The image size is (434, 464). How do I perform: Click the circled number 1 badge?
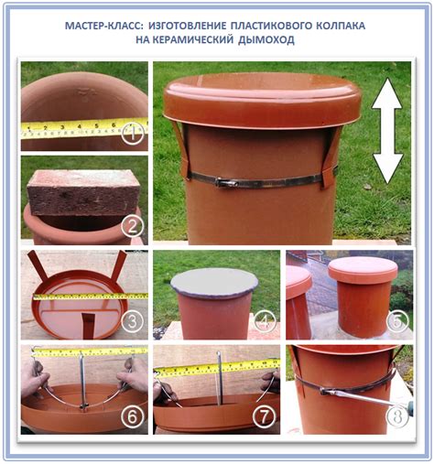tap(133, 134)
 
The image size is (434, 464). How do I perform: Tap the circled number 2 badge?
tap(132, 226)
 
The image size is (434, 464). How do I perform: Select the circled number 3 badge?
tap(132, 321)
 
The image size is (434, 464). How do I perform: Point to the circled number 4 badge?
tap(265, 321)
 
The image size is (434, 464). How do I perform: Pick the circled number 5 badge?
tap(397, 321)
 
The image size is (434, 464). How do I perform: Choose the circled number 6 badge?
tap(132, 415)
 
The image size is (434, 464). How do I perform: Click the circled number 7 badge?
tap(265, 415)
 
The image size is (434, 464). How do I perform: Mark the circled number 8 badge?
tap(397, 415)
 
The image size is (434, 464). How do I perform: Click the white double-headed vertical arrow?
tap(387, 131)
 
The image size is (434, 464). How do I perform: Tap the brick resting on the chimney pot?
tap(83, 192)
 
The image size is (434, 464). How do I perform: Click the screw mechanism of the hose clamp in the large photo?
tap(227, 183)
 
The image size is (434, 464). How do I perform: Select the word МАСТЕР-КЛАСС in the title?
tap(103, 26)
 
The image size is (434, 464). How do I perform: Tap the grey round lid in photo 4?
tap(214, 283)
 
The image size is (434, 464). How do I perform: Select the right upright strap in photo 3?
tap(118, 265)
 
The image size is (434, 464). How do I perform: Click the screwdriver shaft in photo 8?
tap(363, 396)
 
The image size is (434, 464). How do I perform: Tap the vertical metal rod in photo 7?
tap(220, 378)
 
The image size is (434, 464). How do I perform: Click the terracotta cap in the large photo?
tap(263, 100)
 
